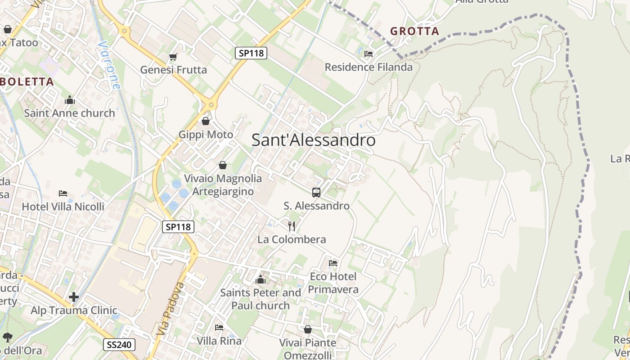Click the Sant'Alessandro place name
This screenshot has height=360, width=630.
[x=313, y=140]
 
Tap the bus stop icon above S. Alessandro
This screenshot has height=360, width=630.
[x=316, y=193]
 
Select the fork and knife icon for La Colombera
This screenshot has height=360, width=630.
[x=292, y=226]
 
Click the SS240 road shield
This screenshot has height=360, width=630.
[x=119, y=345]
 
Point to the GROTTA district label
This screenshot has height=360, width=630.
[x=414, y=31]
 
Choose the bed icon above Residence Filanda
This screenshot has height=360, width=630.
[x=369, y=54]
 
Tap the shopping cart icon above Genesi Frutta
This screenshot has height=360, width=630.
[x=173, y=57]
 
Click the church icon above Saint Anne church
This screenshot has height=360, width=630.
[x=70, y=100]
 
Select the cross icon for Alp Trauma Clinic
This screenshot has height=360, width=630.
[x=74, y=297]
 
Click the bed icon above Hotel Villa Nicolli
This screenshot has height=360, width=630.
[x=63, y=193]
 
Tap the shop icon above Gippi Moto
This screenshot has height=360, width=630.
[x=206, y=121]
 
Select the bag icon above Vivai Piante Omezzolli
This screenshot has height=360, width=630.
[x=308, y=329]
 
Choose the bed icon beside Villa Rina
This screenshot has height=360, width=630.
[x=219, y=327]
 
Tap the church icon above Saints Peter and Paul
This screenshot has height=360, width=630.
[x=260, y=280]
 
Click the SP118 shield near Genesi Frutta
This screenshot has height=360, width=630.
[x=251, y=53]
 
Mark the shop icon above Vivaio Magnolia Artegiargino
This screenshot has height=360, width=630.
[x=222, y=165]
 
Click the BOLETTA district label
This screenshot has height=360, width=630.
[x=27, y=82]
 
